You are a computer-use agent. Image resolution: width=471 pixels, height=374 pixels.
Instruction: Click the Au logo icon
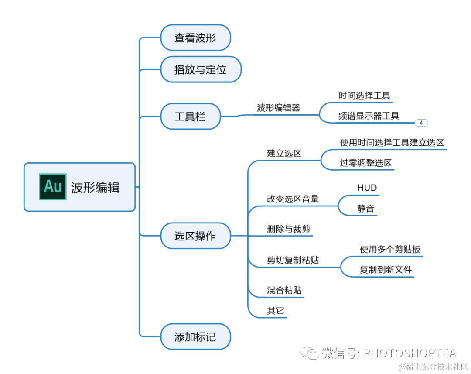point(53,187)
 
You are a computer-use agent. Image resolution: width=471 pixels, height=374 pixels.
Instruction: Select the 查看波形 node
point(195,38)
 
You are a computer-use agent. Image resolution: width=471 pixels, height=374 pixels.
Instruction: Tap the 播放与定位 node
point(201,69)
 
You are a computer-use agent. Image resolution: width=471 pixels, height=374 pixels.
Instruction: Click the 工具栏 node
point(190,117)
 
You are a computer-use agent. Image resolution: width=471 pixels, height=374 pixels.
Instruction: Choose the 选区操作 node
point(195,236)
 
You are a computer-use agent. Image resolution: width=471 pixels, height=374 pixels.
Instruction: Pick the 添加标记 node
point(195,337)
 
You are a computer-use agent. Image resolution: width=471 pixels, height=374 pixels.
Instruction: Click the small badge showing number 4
point(421,123)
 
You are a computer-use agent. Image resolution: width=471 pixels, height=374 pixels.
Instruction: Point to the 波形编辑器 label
point(279,108)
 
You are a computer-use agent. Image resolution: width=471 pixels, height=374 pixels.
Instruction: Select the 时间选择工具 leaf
point(365,95)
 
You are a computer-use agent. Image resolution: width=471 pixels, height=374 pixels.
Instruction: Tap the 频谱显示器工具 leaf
point(369,116)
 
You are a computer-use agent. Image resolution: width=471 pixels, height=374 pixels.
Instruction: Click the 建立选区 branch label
point(284,153)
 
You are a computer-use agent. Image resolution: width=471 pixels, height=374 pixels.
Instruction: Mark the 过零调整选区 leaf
point(366,163)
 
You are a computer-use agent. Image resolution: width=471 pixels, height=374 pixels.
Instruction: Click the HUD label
point(367,188)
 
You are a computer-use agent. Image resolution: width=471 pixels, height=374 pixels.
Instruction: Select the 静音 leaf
point(366,209)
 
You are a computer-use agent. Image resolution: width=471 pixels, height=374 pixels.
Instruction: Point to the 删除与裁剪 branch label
point(289,229)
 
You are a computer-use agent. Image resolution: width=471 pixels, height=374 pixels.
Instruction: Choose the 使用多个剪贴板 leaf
point(390,249)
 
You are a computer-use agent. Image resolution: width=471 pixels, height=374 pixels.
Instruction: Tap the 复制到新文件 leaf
point(386,270)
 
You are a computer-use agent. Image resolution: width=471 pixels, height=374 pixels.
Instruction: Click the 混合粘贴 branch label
point(284,290)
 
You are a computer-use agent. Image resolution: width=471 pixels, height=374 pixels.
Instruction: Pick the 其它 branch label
point(276,311)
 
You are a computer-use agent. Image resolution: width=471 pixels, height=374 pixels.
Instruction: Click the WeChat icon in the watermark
point(311,353)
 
